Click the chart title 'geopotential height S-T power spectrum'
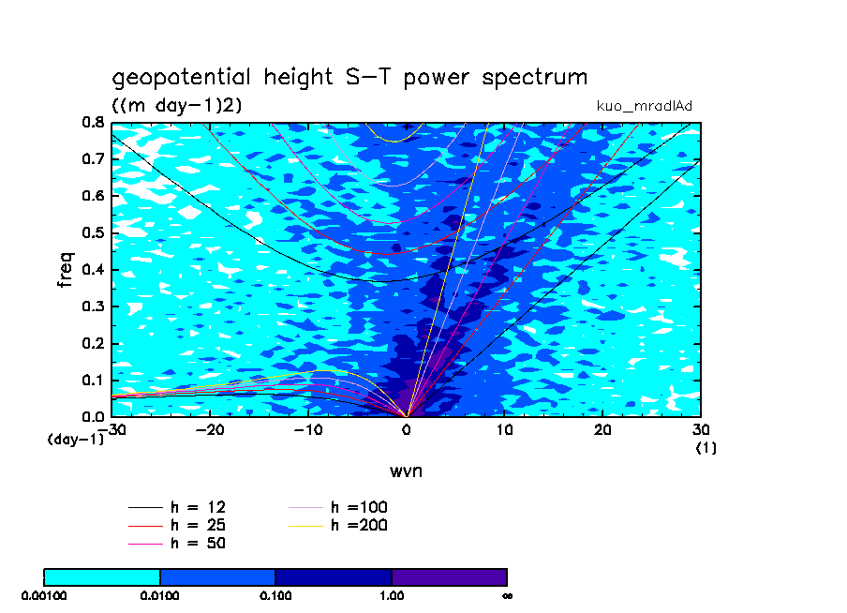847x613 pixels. (349, 78)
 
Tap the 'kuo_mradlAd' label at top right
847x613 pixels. (645, 106)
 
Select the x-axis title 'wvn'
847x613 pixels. (406, 471)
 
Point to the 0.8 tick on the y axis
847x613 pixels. (92, 122)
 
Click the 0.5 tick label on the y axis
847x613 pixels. (92, 232)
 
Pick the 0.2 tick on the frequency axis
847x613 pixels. (92, 343)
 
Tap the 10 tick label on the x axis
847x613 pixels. (505, 429)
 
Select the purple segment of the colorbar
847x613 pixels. (449, 576)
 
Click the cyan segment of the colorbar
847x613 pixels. (102, 576)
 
